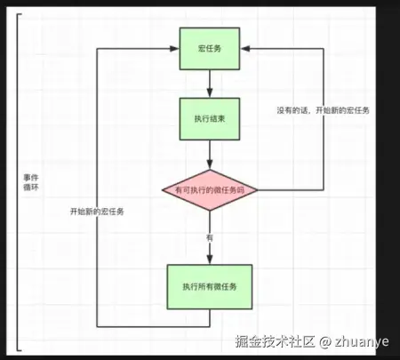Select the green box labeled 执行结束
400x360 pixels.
(208, 117)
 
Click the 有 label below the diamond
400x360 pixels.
(210, 237)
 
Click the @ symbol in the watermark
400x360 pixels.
(326, 340)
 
